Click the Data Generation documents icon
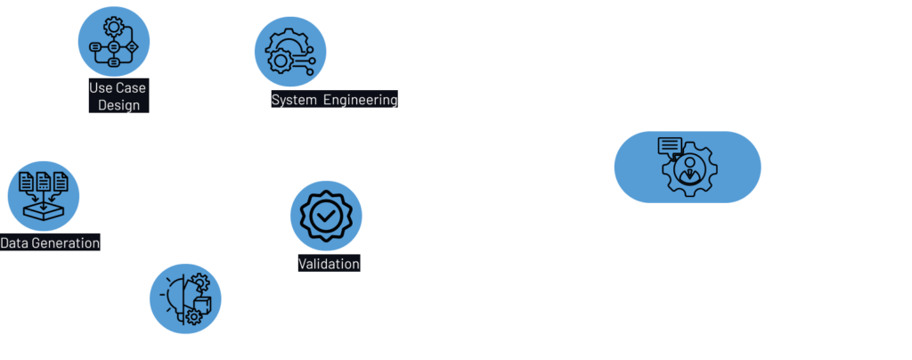click(44, 194)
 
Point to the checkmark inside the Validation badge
click(326, 217)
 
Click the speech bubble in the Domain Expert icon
click(670, 145)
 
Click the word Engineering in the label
click(360, 100)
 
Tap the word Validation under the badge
click(329, 264)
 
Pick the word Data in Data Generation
click(16, 243)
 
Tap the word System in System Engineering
click(294, 100)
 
